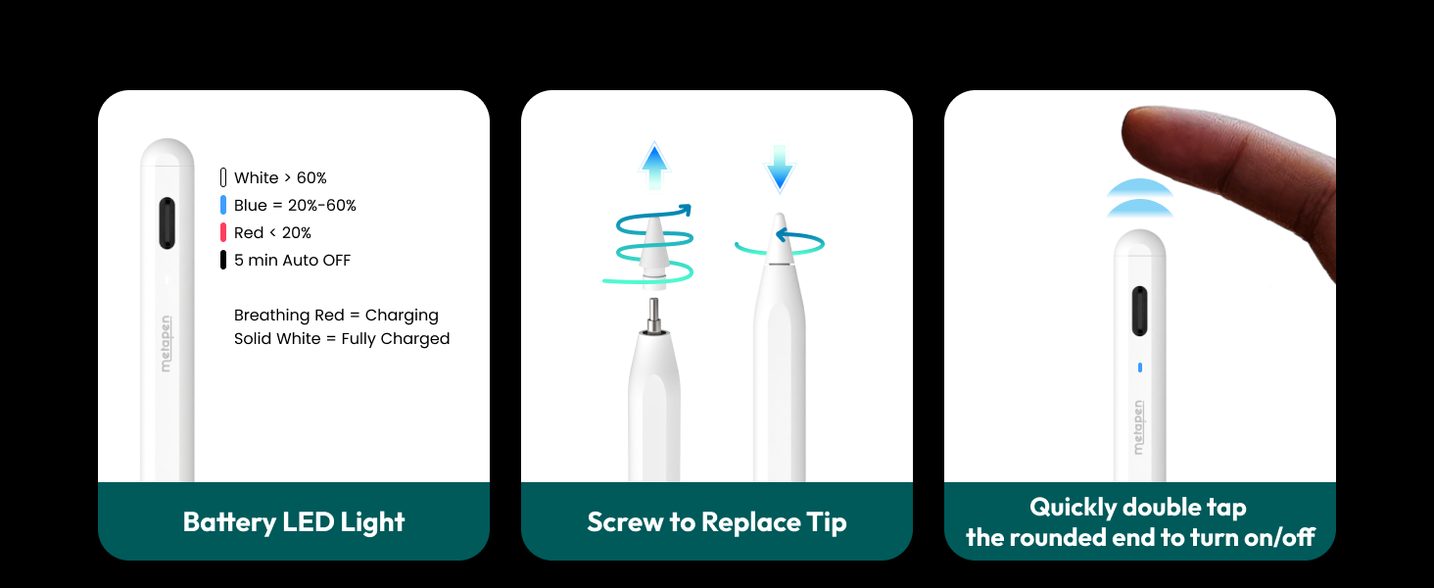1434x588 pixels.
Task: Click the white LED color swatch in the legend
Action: click(x=223, y=177)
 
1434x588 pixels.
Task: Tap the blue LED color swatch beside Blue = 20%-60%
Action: click(x=223, y=205)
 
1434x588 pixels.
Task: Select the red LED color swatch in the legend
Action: click(x=223, y=232)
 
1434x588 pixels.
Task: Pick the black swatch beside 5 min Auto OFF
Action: click(x=223, y=260)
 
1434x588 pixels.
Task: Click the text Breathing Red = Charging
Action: click(x=336, y=315)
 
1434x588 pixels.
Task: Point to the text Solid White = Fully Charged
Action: click(x=342, y=338)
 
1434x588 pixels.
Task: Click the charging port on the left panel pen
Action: click(x=167, y=223)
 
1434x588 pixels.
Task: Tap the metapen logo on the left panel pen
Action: click(x=167, y=342)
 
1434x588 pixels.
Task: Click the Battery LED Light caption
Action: click(x=294, y=521)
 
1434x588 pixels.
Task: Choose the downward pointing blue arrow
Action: click(x=780, y=168)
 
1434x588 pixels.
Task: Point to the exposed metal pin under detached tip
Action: click(x=654, y=317)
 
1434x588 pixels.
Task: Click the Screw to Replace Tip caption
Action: click(x=717, y=521)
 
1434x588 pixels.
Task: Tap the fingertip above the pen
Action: click(x=1156, y=136)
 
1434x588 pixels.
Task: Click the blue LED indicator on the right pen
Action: click(x=1139, y=367)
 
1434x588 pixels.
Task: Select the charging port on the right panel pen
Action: click(x=1139, y=312)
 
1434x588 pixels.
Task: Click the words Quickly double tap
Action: click(x=1138, y=507)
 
